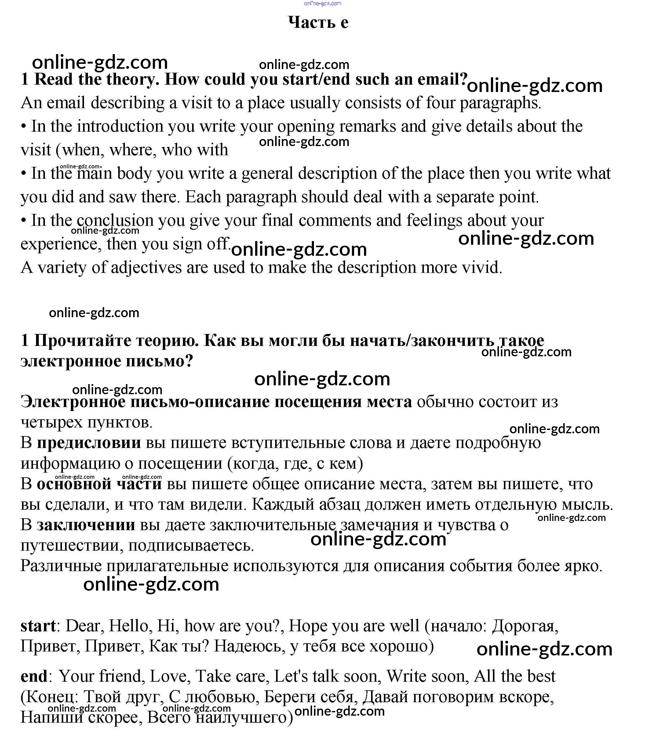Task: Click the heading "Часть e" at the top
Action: pos(318,23)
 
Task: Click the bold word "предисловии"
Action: pos(89,443)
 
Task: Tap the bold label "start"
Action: pos(38,626)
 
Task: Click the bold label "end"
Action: pos(34,676)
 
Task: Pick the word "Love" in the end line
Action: pos(168,676)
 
